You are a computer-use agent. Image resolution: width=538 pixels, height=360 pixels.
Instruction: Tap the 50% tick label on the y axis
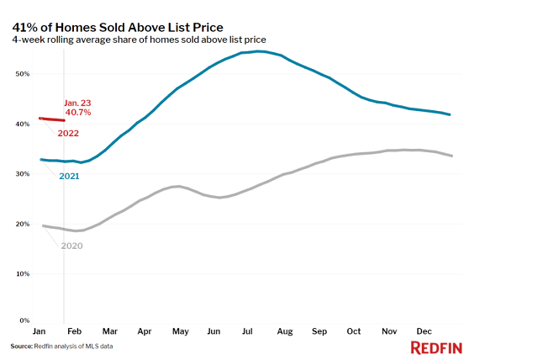click(x=22, y=74)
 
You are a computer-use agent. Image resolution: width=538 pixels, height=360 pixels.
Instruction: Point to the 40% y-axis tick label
click(x=22, y=124)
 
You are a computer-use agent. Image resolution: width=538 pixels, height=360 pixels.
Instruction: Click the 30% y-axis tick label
click(x=22, y=173)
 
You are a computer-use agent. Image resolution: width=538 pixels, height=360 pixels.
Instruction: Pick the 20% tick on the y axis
click(x=22, y=224)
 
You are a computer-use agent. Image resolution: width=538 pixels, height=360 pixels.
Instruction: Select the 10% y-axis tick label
click(x=22, y=273)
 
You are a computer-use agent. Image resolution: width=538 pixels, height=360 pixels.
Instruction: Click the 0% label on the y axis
click(x=24, y=320)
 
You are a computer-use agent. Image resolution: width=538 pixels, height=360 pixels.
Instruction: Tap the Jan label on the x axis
click(x=40, y=331)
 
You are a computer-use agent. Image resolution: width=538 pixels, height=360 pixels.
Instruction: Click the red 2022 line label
click(x=69, y=134)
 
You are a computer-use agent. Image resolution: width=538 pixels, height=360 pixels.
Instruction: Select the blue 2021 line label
click(x=69, y=176)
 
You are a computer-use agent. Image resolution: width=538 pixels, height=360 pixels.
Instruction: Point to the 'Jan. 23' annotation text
click(x=76, y=103)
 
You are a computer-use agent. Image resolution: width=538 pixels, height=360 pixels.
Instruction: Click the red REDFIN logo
click(x=436, y=347)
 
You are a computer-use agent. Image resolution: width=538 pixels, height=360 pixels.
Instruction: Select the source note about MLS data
click(x=61, y=346)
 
